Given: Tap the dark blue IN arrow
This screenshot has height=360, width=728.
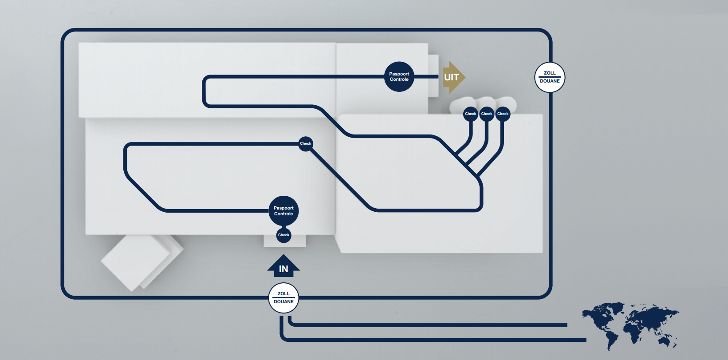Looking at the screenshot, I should click(x=283, y=266).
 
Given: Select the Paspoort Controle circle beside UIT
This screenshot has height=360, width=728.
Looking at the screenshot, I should click(x=399, y=77).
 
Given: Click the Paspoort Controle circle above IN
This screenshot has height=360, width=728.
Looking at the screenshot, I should click(x=283, y=211).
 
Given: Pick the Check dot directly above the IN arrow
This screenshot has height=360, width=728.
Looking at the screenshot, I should click(x=283, y=235).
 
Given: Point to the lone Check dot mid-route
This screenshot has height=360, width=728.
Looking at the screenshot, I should click(x=305, y=143).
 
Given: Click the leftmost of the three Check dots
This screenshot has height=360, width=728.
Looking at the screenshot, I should click(x=470, y=114).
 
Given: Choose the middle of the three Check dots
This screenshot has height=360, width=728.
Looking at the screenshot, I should click(x=487, y=114).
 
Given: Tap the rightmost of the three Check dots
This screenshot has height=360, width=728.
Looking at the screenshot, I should click(x=503, y=114).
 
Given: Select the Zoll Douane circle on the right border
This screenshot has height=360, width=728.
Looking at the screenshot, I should click(x=550, y=77).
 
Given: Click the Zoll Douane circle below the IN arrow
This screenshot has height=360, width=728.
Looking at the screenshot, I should click(x=283, y=298).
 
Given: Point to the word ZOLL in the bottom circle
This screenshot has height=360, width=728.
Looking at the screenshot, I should click(x=283, y=293).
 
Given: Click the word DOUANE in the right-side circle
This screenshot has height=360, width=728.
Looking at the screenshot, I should click(x=550, y=81).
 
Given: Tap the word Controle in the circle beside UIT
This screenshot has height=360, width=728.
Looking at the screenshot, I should click(x=399, y=79).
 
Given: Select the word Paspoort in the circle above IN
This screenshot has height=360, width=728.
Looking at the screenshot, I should click(x=283, y=208).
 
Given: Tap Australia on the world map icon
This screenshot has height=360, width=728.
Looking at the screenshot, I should click(x=665, y=340).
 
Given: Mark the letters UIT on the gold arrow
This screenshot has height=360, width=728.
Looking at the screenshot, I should click(x=451, y=77).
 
